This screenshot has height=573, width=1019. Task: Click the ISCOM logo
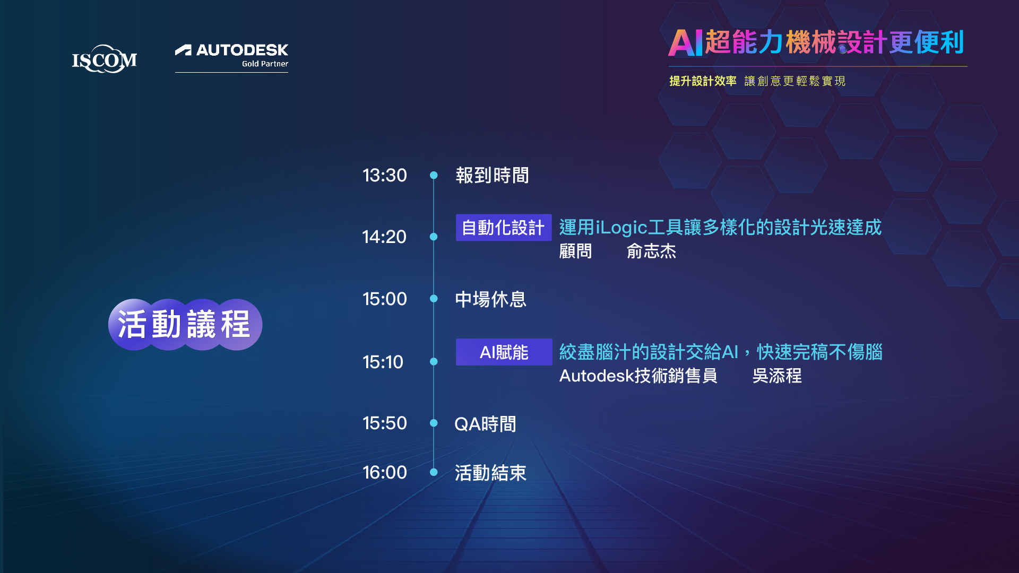pyautogui.click(x=105, y=59)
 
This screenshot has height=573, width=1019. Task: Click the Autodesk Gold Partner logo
pyautogui.click(x=231, y=57)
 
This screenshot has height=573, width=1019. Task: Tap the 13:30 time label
pyautogui.click(x=385, y=175)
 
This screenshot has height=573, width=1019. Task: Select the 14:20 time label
pyautogui.click(x=384, y=237)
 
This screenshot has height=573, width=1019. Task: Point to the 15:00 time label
pyautogui.click(x=385, y=299)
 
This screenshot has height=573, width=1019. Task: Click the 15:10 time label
pyautogui.click(x=383, y=362)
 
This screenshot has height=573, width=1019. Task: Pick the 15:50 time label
pyautogui.click(x=385, y=423)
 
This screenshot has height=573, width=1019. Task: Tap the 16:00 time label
pyautogui.click(x=385, y=472)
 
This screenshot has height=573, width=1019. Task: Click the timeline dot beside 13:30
pyautogui.click(x=434, y=175)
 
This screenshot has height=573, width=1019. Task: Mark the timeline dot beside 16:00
pyautogui.click(x=434, y=472)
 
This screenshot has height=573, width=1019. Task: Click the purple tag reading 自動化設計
pyautogui.click(x=504, y=228)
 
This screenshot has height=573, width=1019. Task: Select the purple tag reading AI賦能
pyautogui.click(x=504, y=352)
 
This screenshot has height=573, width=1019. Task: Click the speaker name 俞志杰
pyautogui.click(x=651, y=251)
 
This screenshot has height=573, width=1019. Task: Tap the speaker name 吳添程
pyautogui.click(x=777, y=376)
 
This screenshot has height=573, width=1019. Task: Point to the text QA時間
pyautogui.click(x=485, y=424)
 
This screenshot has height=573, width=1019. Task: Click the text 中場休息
pyautogui.click(x=490, y=299)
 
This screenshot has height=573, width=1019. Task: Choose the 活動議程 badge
pyautogui.click(x=185, y=324)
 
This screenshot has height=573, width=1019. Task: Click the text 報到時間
pyautogui.click(x=492, y=175)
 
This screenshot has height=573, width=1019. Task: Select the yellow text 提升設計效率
pyautogui.click(x=703, y=81)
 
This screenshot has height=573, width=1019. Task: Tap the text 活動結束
pyautogui.click(x=490, y=473)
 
